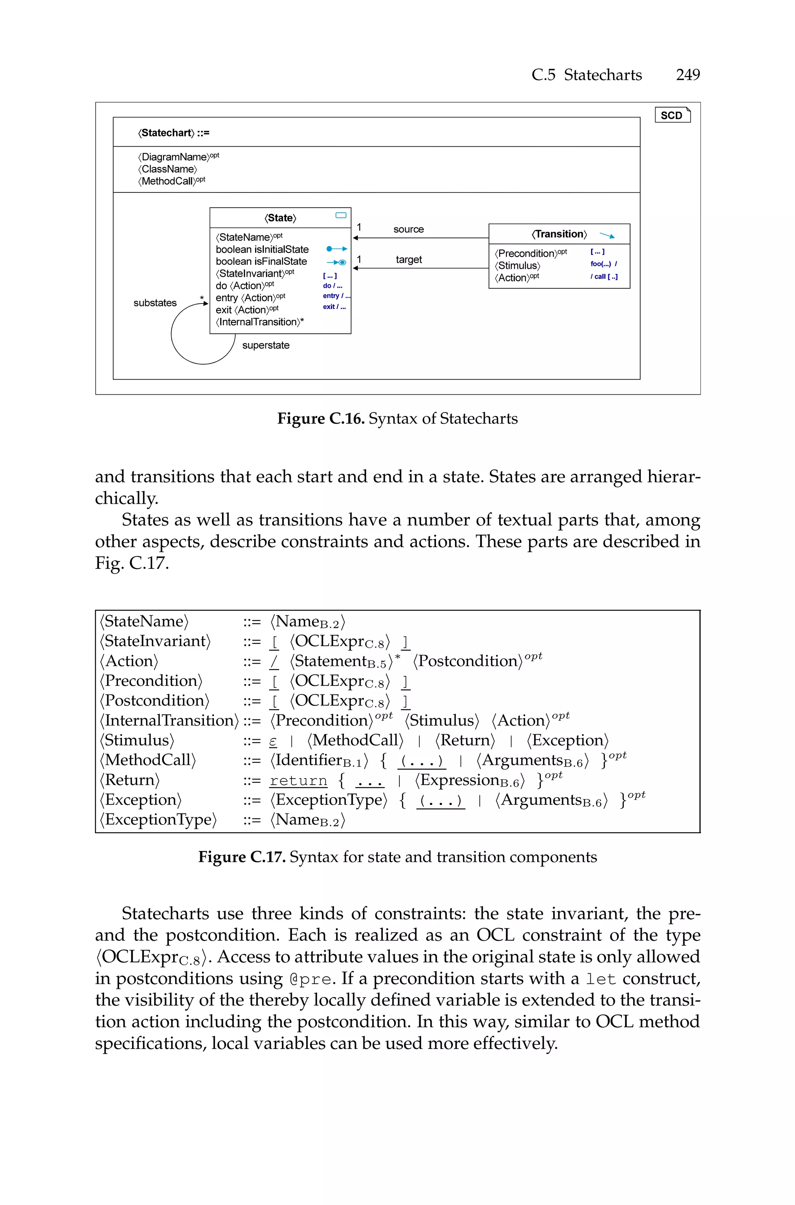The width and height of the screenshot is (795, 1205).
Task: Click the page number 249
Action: (x=687, y=75)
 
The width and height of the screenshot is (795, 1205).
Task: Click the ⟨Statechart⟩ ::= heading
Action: (x=174, y=133)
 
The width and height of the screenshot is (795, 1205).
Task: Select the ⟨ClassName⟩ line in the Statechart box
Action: (x=167, y=169)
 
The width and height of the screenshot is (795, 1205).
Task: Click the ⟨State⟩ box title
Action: (x=280, y=218)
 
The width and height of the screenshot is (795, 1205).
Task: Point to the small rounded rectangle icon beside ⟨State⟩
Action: (x=341, y=215)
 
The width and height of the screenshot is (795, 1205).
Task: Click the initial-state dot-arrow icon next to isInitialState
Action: (x=336, y=249)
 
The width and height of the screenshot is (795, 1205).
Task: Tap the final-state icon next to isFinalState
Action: (x=336, y=262)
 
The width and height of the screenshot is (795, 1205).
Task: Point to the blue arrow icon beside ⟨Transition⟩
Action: (x=607, y=235)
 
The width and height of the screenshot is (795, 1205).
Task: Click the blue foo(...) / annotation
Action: (x=603, y=264)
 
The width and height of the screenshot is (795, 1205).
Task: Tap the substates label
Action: (x=155, y=303)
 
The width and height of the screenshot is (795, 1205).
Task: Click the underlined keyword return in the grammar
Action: (x=298, y=780)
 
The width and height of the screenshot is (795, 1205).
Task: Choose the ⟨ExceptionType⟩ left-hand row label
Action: (x=158, y=819)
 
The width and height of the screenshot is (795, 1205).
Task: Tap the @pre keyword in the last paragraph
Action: (x=311, y=978)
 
